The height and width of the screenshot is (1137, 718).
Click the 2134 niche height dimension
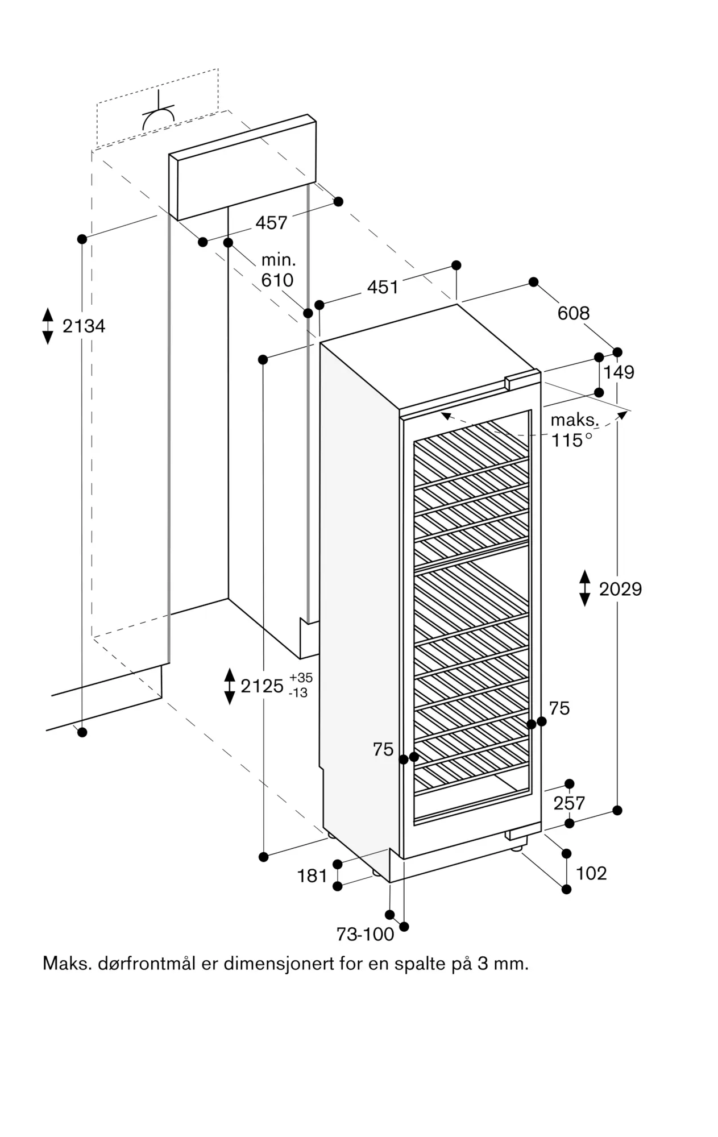tap(84, 326)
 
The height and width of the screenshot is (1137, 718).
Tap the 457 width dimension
tap(271, 223)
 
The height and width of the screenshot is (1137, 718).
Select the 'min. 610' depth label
tap(278, 270)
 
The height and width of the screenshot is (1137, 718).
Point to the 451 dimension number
tap(382, 287)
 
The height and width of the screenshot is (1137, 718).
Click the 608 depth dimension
tap(573, 313)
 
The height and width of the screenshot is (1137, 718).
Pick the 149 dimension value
tap(619, 372)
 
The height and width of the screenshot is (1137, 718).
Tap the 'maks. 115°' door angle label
tap(574, 430)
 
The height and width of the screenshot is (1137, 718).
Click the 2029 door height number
tap(620, 589)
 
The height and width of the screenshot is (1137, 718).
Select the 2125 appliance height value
tap(262, 686)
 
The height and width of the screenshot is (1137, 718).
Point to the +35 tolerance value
tap(301, 678)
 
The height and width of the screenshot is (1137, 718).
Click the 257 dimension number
tap(569, 803)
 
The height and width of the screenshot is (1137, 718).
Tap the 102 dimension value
tap(591, 873)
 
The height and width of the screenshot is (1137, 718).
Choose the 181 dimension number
tap(312, 876)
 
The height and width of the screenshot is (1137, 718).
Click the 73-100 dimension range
tap(365, 934)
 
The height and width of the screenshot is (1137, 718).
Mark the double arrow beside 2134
tap(48, 326)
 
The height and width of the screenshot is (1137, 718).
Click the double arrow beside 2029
tap(585, 588)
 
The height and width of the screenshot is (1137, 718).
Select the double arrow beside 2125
tap(230, 686)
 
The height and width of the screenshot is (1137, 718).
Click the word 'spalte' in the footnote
tap(417, 964)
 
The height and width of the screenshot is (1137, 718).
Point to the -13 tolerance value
tap(298, 693)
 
